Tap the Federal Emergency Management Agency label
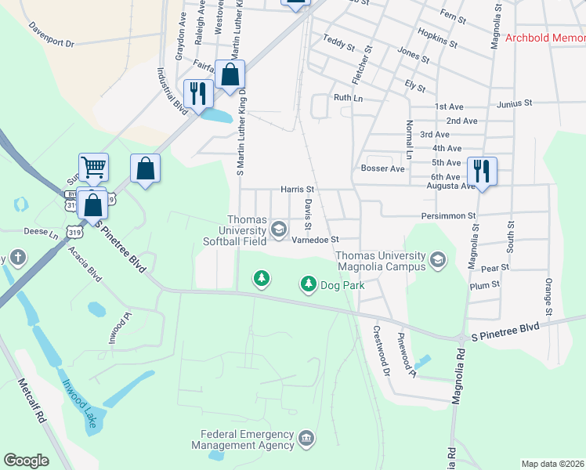pos(247,439)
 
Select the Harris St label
pos(298,190)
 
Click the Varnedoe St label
pos(314,240)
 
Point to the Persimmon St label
pos(450,215)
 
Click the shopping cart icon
pos(93,166)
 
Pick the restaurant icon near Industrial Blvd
pos(197,94)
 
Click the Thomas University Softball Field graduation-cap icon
pos(278,230)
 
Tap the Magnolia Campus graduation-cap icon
pos(438,261)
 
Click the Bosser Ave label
pos(382,168)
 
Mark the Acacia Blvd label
pos(85,263)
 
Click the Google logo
pos(27,461)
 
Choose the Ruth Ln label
pos(349,98)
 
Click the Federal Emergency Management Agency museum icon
pos(306,436)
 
